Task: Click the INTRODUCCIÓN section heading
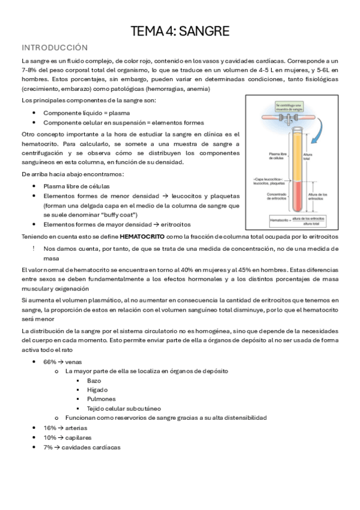point(55,48)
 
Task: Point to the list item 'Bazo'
point(94,381)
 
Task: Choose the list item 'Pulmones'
point(101,399)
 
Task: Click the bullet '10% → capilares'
point(67,437)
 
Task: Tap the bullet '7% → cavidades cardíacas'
point(82,447)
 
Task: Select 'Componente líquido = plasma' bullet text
point(87,112)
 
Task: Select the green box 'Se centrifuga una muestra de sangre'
point(290,108)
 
